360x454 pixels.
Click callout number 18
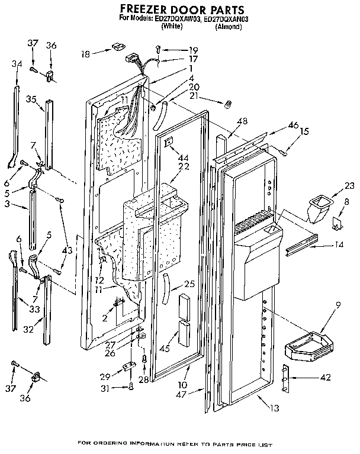pyautogui.click(x=86, y=54)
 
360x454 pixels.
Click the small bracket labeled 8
pyautogui.click(x=337, y=223)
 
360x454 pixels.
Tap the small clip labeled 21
pyautogui.click(x=226, y=104)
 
